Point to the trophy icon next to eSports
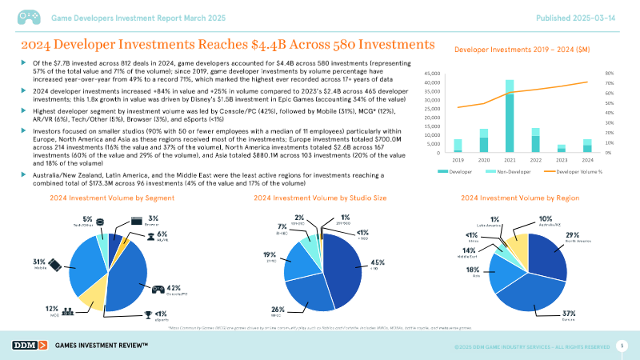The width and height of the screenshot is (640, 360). coord(146,313)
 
